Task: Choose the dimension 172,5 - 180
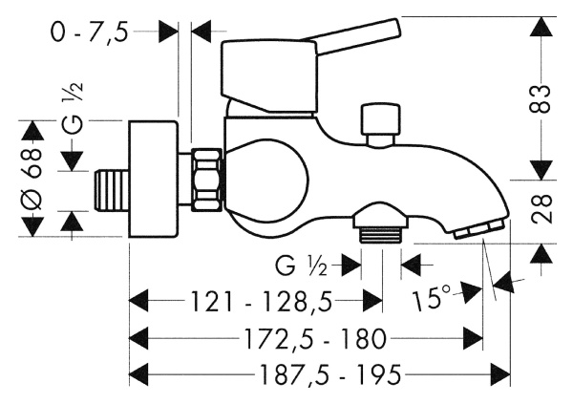pyautogui.click(x=303, y=337)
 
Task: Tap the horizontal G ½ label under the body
pyautogui.click(x=304, y=260)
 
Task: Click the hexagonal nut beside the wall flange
pyautogui.click(x=205, y=179)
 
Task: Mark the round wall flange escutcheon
pyautogui.click(x=155, y=180)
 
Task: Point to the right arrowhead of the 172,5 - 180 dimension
pyautogui.click(x=477, y=337)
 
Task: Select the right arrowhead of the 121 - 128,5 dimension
pyautogui.click(x=373, y=302)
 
